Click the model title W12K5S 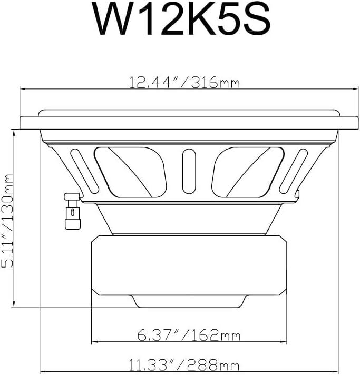click(183, 19)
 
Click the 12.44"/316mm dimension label click(184, 82)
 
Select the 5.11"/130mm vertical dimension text click(7, 221)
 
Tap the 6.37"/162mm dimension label click(189, 335)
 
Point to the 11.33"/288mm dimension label click(184, 365)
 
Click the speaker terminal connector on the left click(72, 211)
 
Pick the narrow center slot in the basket click(189, 171)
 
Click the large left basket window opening click(130, 172)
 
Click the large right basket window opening click(248, 172)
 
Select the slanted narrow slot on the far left click(85, 171)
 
